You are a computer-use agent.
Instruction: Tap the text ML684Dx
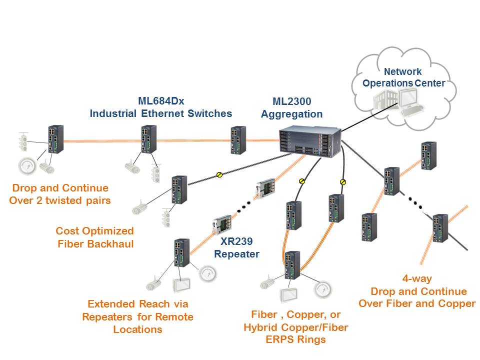pos(161,101)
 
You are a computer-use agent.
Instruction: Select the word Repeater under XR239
pos(236,254)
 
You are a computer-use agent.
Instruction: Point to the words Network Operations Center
pos(403,77)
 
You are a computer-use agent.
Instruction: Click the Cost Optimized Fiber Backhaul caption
pos(94,237)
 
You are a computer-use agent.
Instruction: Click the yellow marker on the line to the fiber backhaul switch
pos(219,174)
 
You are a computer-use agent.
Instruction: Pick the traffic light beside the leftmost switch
pos(22,142)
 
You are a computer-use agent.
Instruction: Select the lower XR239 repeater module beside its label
pos(220,224)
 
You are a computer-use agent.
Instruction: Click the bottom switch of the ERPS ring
pos(290,265)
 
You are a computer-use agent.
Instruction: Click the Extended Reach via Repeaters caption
pos(137,316)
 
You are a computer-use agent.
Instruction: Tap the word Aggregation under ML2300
pos(291,114)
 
